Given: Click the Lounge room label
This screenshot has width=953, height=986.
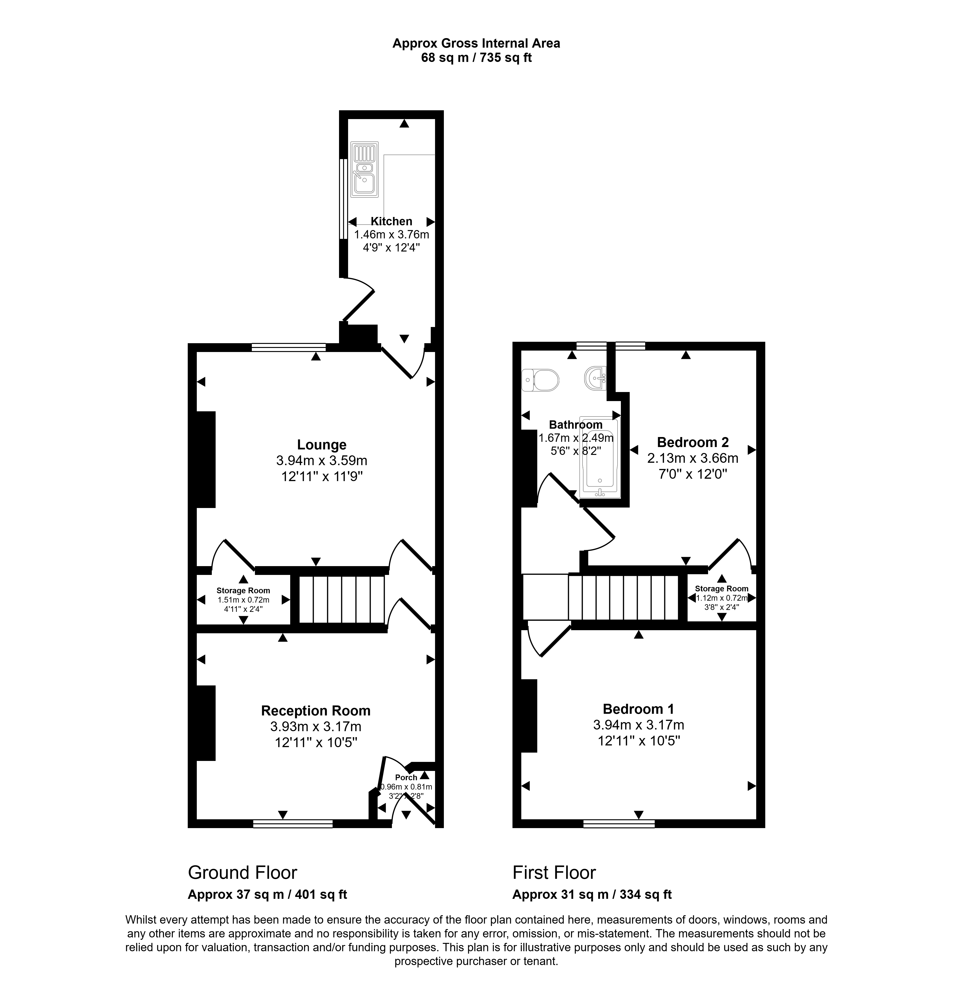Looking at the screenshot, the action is (322, 445).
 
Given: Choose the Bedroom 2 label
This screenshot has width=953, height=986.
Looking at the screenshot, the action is (693, 442).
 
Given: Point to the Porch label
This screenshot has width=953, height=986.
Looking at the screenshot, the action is (406, 777).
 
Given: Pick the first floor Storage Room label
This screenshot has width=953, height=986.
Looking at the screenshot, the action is (722, 589).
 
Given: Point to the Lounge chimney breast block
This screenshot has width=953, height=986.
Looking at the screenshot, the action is (205, 459).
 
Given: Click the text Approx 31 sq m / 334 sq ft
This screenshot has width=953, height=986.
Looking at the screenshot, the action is (592, 895).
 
